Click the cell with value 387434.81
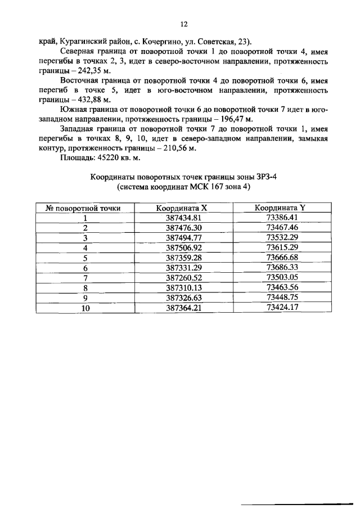(184, 218)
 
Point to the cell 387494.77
(184, 238)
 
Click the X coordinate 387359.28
(184, 258)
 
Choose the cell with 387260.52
(184, 278)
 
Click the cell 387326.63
(184, 298)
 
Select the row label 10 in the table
(85, 308)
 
